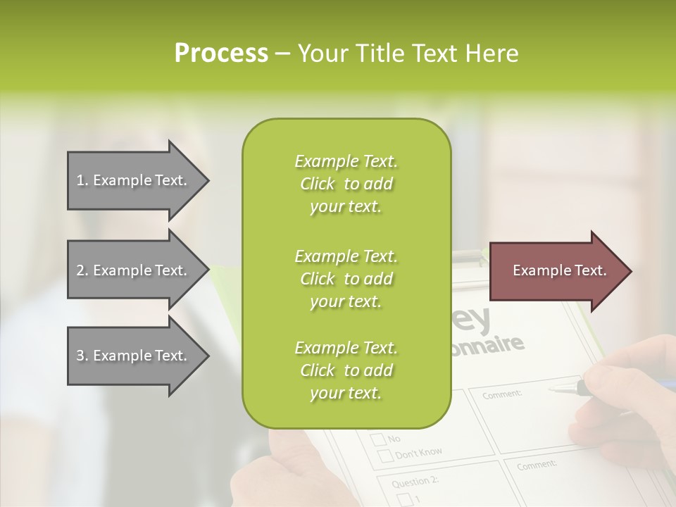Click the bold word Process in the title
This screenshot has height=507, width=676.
(221, 54)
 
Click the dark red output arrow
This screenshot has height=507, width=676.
(556, 271)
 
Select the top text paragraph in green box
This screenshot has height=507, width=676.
(346, 184)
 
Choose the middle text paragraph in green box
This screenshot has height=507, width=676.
(346, 279)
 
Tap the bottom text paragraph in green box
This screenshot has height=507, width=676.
(346, 370)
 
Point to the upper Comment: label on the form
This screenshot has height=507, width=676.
(502, 395)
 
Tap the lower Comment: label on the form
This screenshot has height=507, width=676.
(537, 465)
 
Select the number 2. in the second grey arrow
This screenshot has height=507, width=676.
(82, 270)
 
